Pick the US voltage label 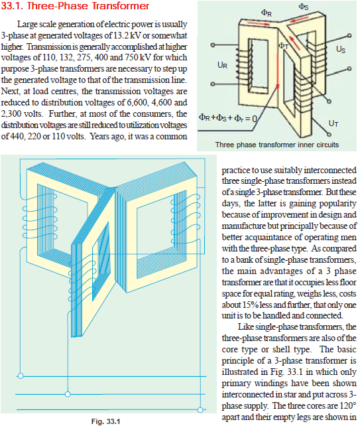[x=340, y=48]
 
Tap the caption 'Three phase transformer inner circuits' [x=276, y=144]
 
